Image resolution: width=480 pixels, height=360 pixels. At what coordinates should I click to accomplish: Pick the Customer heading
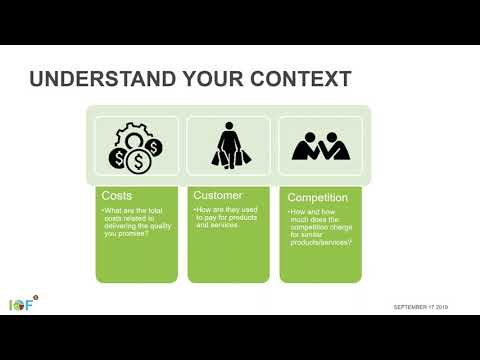click(x=218, y=194)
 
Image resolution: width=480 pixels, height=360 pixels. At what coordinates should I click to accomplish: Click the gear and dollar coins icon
click(x=135, y=146)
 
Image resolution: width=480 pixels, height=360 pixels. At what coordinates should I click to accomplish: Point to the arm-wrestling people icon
click(x=320, y=147)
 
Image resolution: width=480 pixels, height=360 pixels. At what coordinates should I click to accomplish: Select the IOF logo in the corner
click(x=20, y=303)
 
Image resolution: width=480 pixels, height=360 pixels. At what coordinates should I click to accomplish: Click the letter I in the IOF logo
click(x=11, y=304)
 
